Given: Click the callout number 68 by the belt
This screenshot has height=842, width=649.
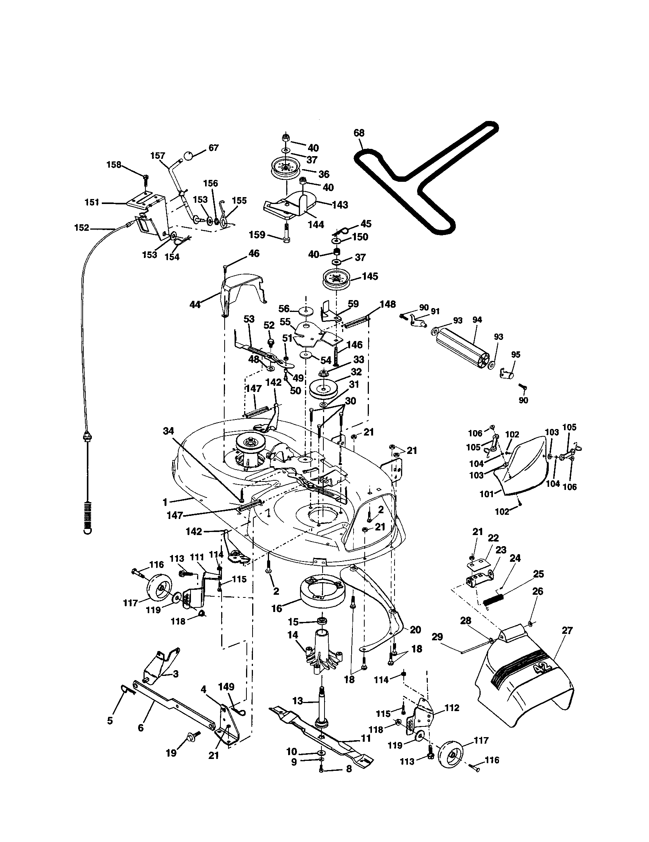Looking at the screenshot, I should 359,133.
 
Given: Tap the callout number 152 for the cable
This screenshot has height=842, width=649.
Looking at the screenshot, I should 82,228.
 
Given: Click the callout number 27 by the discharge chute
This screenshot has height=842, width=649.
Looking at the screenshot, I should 567,631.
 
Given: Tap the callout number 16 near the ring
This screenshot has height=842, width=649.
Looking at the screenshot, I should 277,609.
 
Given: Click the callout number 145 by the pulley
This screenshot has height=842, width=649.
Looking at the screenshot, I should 370,276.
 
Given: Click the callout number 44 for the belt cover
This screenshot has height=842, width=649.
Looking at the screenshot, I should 196,305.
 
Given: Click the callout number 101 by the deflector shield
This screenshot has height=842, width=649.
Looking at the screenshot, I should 486,493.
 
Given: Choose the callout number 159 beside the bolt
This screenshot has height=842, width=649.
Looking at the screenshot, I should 257,234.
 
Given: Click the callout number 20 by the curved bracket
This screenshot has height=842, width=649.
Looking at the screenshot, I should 415,630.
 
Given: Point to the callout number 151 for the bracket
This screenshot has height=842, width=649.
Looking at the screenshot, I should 92,202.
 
